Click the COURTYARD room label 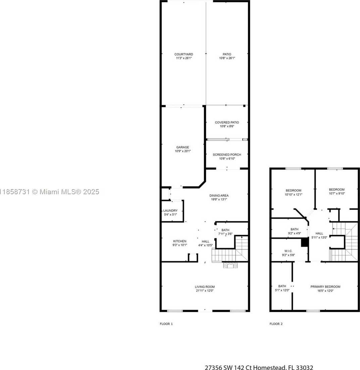tap(184, 54)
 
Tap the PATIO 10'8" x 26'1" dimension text tap(227, 58)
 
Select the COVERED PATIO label tap(227, 122)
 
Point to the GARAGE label tap(183, 147)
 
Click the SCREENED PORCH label tap(227, 155)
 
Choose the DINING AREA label tap(219, 196)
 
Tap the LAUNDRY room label tap(170, 211)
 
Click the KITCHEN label tap(180, 241)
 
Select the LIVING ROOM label tap(205, 287)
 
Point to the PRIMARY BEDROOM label tap(325, 287)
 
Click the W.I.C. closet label tap(289, 251)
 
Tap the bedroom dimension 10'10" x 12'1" tap(294, 195)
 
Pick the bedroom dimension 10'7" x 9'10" tap(337, 194)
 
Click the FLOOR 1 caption tap(166, 324)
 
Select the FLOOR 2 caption tap(276, 324)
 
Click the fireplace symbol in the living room tap(230, 265)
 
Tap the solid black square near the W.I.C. tap(305, 242)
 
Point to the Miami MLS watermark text tap(49, 192)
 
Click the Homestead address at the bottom tap(259, 367)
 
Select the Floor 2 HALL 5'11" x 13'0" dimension tap(319, 237)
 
